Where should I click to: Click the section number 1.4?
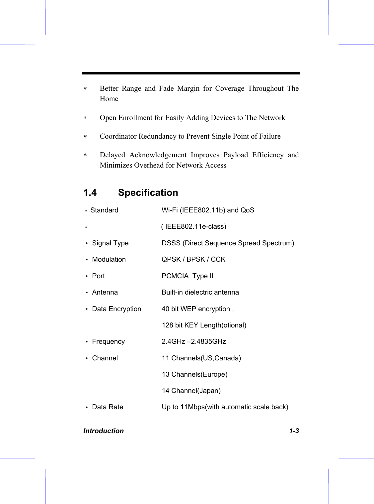90,193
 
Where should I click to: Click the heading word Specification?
148,193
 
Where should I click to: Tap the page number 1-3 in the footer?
294,431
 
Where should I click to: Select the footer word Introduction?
104,431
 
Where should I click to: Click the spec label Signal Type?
110,243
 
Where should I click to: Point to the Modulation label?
109,259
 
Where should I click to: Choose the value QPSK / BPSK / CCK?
193,259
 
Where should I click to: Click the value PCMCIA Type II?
187,276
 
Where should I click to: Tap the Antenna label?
105,292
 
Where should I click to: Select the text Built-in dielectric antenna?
200,292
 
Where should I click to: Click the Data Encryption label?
116,309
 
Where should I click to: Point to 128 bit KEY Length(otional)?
204,325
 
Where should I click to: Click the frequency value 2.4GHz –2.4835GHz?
194,341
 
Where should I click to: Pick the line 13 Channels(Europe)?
194,374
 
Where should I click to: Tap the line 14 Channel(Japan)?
191,391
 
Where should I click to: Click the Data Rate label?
108,407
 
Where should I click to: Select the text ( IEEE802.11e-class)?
194,226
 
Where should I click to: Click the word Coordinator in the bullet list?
118,136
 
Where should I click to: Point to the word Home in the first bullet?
109,99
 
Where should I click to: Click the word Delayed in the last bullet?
112,155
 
